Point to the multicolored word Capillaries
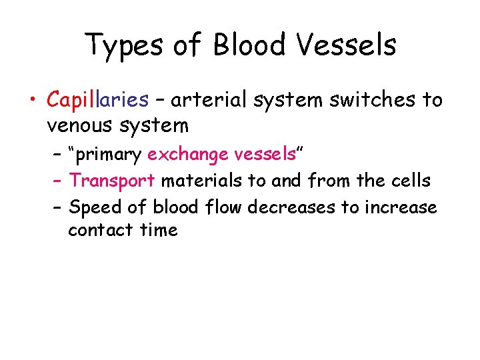click(x=97, y=101)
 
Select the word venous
click(x=81, y=125)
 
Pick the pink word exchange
click(x=188, y=155)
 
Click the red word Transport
click(x=111, y=180)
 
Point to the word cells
click(x=409, y=180)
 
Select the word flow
click(x=222, y=207)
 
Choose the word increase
click(x=400, y=207)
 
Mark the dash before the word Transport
click(x=57, y=181)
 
